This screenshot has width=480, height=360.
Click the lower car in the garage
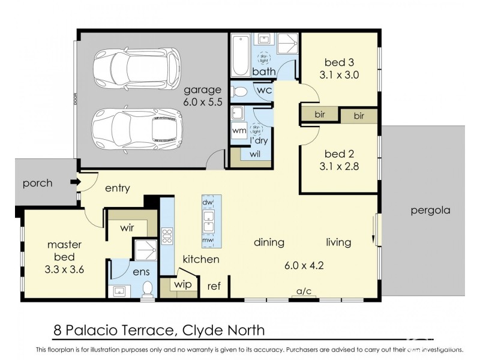pos(137,127)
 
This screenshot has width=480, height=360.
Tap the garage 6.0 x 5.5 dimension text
pos(203,103)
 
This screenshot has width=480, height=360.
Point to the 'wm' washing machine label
pos(238,130)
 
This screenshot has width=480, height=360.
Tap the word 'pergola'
pos(430,211)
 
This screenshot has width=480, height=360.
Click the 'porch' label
pos(38,183)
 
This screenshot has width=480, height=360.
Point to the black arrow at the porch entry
pos(74,182)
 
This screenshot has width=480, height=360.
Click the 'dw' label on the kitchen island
pos(208,203)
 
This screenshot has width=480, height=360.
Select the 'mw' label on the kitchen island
pos(208,241)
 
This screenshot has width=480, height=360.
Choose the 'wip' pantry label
pos(184,284)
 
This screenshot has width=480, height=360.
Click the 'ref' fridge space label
pos(214,287)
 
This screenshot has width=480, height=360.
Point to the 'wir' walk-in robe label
pos(127,227)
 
